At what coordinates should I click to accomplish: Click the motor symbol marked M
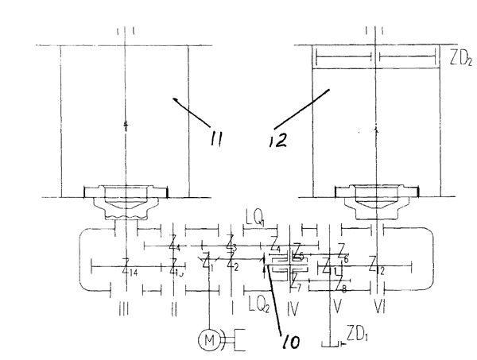[x=209, y=340]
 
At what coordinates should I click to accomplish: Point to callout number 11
[x=213, y=140]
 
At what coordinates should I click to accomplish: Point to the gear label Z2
[x=231, y=261]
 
